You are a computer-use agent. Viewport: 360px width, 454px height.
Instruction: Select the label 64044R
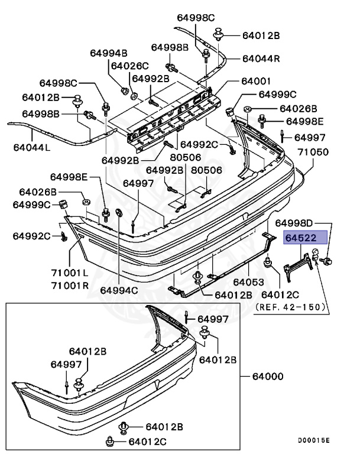pyautogui.click(x=261, y=59)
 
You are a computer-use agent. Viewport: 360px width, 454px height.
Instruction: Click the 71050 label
pyautogui.click(x=312, y=152)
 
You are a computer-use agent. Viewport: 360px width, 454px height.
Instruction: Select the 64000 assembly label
pyautogui.click(x=268, y=376)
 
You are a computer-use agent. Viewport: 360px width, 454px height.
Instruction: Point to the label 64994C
pyautogui.click(x=118, y=290)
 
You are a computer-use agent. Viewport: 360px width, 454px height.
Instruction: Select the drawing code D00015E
pyautogui.click(x=314, y=440)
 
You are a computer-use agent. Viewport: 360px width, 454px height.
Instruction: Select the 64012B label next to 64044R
pyautogui.click(x=261, y=35)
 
